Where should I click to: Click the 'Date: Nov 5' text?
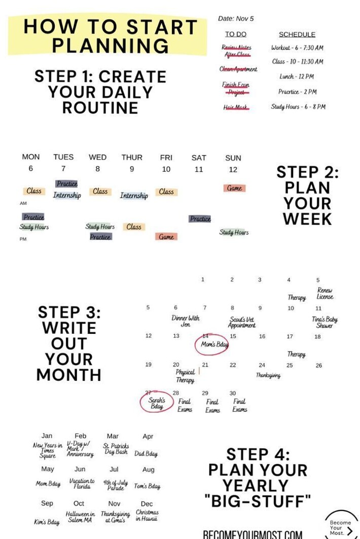click(236, 19)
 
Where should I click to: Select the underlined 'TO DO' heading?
click(236, 34)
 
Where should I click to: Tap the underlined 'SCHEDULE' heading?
click(297, 34)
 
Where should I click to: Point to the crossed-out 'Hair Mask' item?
click(236, 107)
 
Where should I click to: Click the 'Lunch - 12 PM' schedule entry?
click(297, 76)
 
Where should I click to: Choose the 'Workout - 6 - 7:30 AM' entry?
click(297, 48)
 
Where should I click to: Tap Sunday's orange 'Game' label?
click(234, 188)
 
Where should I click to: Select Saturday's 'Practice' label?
click(200, 219)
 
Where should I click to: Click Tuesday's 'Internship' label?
click(67, 195)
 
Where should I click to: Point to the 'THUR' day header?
click(132, 158)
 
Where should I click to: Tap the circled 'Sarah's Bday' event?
click(157, 403)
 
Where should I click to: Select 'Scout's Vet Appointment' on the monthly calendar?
click(242, 323)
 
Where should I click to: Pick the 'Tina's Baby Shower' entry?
click(325, 323)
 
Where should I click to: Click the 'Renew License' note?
click(325, 294)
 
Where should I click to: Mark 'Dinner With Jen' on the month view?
click(186, 321)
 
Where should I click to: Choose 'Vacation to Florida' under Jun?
click(82, 484)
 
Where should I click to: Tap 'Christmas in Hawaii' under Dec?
click(147, 516)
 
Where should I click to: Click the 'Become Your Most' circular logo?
click(341, 525)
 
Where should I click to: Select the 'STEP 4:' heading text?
click(258, 454)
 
